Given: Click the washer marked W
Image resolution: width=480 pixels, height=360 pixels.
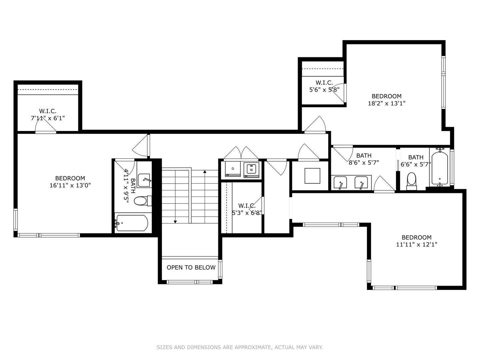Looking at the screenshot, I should pos(251,170).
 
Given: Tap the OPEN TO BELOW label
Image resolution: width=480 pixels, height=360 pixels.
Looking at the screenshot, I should pos(191,267).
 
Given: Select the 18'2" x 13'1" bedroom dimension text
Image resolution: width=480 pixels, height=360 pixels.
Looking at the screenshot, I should pos(387,103).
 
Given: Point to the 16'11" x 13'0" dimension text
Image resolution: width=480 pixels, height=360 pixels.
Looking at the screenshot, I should pos(70,185).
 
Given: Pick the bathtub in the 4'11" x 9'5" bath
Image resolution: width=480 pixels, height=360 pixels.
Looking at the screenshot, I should pos(132,223).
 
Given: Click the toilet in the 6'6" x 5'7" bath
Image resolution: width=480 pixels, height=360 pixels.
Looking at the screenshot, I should pos(412,180).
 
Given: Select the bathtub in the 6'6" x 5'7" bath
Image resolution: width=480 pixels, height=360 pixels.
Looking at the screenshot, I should pos(440,168).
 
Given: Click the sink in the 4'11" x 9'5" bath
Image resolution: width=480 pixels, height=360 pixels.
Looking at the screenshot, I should pos(144,180).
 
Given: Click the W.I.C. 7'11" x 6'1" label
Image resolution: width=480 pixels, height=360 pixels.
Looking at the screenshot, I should pos(48,114).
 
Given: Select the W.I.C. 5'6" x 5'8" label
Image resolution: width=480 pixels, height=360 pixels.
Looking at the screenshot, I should pos(324,86).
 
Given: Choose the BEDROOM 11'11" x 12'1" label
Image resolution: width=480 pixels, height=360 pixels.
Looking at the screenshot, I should pos(416,241).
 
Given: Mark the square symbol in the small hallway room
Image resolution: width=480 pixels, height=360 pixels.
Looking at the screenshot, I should pos(312,176).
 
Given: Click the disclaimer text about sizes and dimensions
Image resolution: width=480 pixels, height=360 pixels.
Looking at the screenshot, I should pos(240,347).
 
